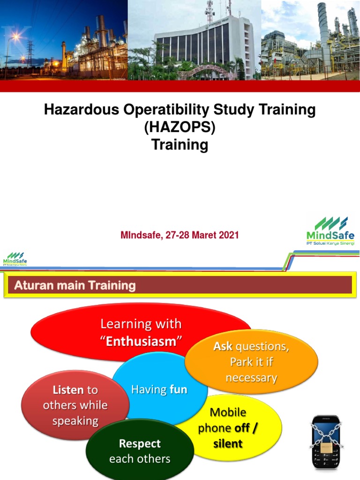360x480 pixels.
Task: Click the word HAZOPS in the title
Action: (180, 127)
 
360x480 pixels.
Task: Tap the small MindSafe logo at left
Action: (15, 258)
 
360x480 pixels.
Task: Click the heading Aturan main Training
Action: (75, 285)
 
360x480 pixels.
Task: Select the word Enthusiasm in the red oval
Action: (141, 341)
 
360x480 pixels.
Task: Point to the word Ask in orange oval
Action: (223, 346)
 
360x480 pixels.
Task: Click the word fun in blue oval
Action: (178, 390)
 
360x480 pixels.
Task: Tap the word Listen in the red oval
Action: (68, 390)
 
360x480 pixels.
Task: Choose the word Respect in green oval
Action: (140, 443)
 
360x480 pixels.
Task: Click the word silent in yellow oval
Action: (228, 443)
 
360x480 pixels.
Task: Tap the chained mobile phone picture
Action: (326, 442)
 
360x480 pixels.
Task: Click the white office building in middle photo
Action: (202, 45)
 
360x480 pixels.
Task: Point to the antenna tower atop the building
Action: (210, 12)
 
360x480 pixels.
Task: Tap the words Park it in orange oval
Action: (251, 362)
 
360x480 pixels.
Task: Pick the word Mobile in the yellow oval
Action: (228, 412)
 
